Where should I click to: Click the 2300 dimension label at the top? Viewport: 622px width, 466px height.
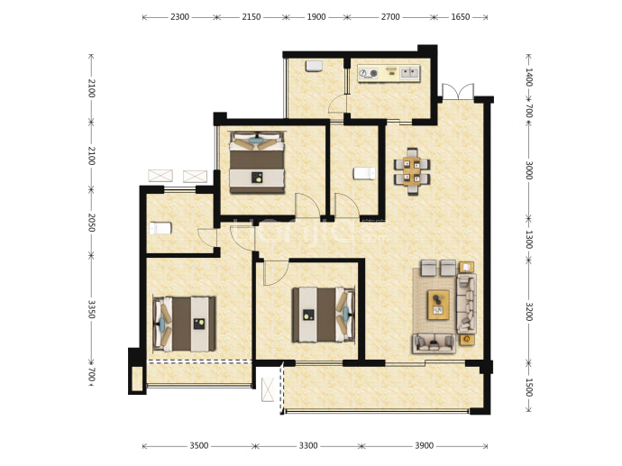click(179, 17)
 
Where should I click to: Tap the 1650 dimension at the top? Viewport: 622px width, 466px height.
click(460, 17)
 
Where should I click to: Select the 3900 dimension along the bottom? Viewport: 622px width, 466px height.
click(424, 446)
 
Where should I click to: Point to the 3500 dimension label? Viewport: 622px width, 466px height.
click(198, 446)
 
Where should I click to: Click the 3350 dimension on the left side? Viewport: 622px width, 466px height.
click(92, 309)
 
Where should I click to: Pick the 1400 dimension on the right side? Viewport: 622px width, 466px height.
click(529, 77)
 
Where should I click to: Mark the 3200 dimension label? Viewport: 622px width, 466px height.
click(529, 311)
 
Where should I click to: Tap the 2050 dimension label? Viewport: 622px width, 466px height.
click(92, 223)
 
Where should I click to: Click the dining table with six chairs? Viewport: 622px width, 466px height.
click(412, 171)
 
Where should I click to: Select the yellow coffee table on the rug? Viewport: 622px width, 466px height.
click(438, 304)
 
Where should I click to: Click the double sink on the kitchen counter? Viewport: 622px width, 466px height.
click(409, 73)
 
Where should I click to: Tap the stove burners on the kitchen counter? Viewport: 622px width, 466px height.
click(369, 73)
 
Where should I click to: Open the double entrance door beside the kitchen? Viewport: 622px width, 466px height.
click(458, 92)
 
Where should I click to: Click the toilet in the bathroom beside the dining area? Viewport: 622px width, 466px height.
click(364, 173)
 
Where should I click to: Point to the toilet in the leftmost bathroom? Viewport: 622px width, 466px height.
click(160, 228)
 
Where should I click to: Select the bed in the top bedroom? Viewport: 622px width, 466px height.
click(257, 162)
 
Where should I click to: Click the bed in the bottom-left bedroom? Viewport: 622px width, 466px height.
click(185, 324)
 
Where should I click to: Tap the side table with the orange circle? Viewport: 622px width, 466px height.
click(467, 340)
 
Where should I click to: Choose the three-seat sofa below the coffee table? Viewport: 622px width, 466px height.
click(434, 343)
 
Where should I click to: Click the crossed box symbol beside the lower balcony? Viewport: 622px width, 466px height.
click(268, 389)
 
